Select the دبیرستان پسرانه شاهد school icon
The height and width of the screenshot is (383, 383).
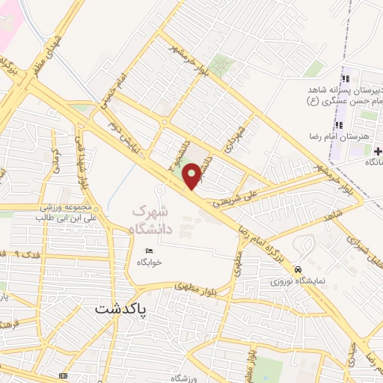click(x=345, y=79)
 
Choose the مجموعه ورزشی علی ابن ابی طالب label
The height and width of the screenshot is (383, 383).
click(x=64, y=212)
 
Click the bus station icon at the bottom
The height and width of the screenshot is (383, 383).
click(x=61, y=374)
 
